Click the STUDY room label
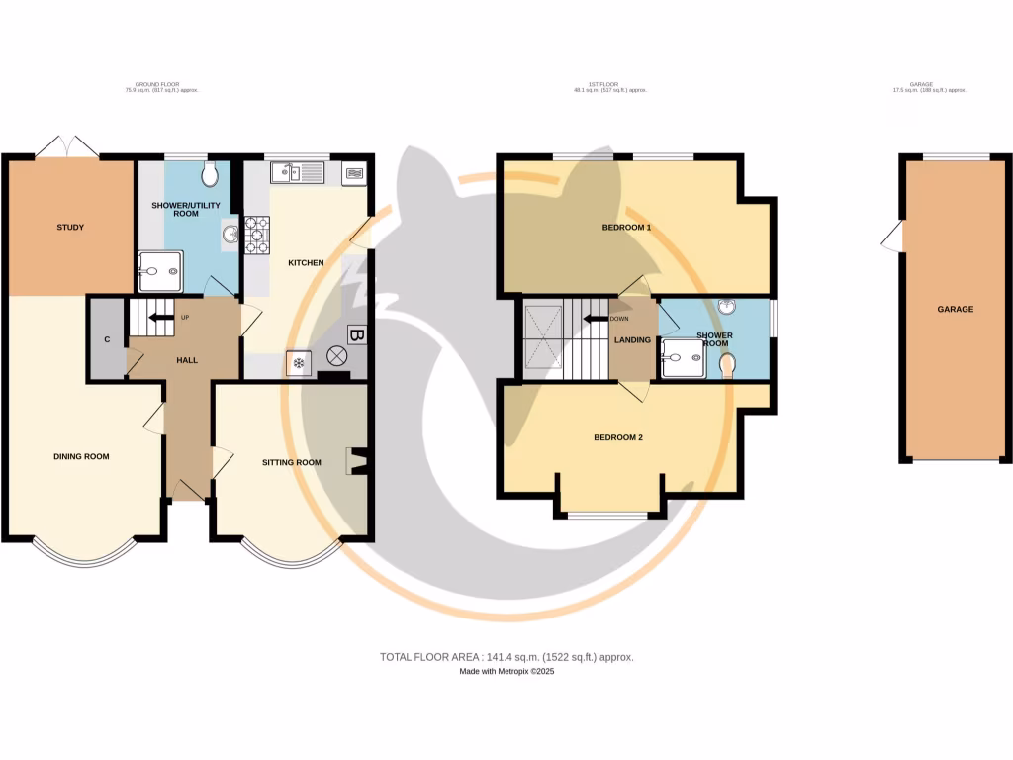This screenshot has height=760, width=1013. [x=69, y=228]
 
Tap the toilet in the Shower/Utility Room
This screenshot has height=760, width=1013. [x=208, y=175]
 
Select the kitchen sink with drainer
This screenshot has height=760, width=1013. [x=298, y=173]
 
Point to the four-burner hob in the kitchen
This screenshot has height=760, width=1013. [x=256, y=236]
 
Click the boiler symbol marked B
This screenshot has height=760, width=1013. [x=356, y=334]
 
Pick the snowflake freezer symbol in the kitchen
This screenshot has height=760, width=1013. [x=298, y=364]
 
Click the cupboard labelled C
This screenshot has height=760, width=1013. [x=107, y=339]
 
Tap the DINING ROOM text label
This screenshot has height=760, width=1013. [x=81, y=456]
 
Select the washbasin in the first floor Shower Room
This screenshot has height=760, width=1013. [x=728, y=308]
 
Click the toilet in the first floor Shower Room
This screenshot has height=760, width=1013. [x=728, y=367]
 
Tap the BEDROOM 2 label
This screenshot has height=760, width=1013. [x=618, y=437]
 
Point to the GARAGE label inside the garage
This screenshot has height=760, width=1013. [x=955, y=309]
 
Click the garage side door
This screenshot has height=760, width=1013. [x=893, y=236]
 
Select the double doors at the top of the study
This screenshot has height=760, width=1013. [x=66, y=146]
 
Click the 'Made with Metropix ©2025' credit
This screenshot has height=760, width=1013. [x=506, y=672]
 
